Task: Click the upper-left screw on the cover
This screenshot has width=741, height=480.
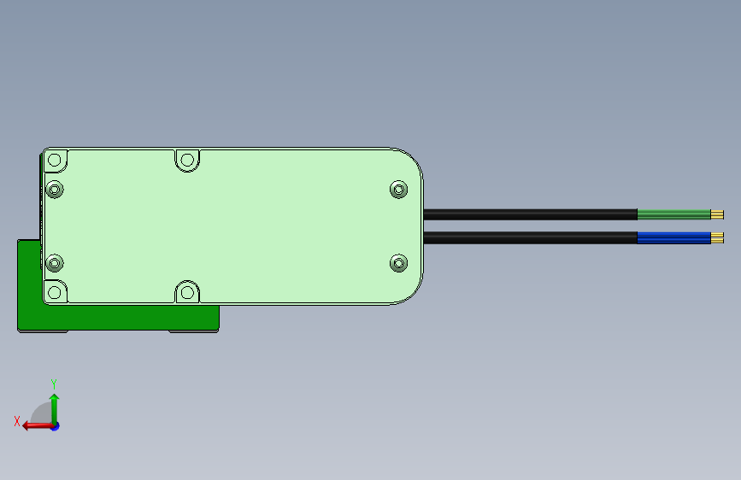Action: (56, 189)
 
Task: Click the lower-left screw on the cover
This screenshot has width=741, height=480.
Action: (56, 264)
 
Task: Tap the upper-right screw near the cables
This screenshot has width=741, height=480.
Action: (398, 189)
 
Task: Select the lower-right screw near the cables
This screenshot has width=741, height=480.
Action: (398, 264)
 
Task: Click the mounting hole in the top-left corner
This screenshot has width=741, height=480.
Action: (56, 161)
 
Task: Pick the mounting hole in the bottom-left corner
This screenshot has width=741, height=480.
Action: (56, 292)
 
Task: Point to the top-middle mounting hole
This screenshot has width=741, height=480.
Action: (187, 160)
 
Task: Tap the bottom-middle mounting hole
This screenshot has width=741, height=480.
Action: (187, 293)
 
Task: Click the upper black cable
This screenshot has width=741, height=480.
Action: (530, 214)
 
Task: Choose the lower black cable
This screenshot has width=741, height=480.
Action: (530, 237)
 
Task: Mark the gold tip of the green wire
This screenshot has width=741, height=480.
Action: (717, 214)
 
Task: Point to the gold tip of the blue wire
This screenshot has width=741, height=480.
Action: (717, 237)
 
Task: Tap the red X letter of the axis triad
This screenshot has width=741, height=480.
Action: (16, 421)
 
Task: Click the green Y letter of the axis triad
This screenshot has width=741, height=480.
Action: (54, 383)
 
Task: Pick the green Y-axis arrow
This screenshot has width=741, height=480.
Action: (54, 406)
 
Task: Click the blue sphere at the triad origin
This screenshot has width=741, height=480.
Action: (55, 425)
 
